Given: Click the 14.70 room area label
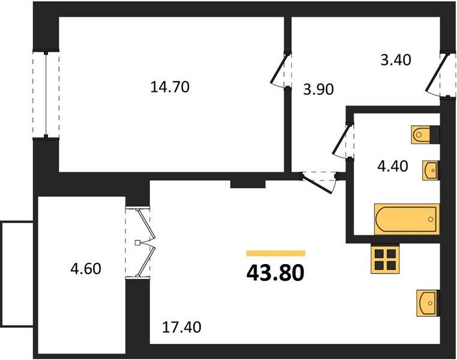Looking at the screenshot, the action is click(170, 87).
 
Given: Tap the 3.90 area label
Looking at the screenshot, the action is click(318, 89).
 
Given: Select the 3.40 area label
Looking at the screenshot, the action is click(396, 60).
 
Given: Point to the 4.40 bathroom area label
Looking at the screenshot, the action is click(393, 166).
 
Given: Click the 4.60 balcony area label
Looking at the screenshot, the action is click(86, 269).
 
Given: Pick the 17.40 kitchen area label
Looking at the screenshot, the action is click(181, 327).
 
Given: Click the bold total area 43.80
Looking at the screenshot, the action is click(276, 273).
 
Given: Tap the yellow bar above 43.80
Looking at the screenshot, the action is click(276, 253).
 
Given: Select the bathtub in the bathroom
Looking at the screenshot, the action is click(407, 219).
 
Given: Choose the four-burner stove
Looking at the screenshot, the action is click(385, 259).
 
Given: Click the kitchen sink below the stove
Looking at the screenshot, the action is click(428, 303).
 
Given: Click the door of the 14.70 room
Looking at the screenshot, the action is click(280, 70).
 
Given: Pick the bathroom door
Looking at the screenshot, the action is click(342, 142).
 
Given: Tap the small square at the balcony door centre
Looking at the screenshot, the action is click(138, 242).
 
